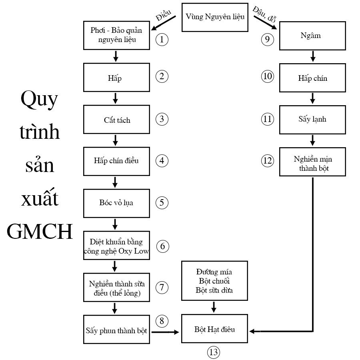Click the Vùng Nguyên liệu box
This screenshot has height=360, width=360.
click(215, 17)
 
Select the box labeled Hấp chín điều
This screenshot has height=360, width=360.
click(116, 161)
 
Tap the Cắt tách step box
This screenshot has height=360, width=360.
click(116, 120)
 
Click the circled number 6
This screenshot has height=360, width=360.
click(162, 246)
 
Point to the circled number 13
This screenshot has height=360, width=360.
click(214, 352)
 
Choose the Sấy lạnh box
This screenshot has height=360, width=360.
click(312, 119)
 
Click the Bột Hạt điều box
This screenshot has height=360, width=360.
click(215, 329)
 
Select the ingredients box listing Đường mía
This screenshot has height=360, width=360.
click(214, 281)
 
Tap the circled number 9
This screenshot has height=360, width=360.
click(268, 39)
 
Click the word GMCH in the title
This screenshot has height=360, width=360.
click(40, 231)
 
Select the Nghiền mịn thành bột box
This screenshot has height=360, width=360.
click(312, 162)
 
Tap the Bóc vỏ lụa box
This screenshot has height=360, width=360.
click(116, 202)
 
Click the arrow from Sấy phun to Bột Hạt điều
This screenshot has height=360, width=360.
click(165, 331)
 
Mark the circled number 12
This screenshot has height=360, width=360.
click(268, 161)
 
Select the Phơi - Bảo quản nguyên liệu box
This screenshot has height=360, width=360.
click(116, 35)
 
